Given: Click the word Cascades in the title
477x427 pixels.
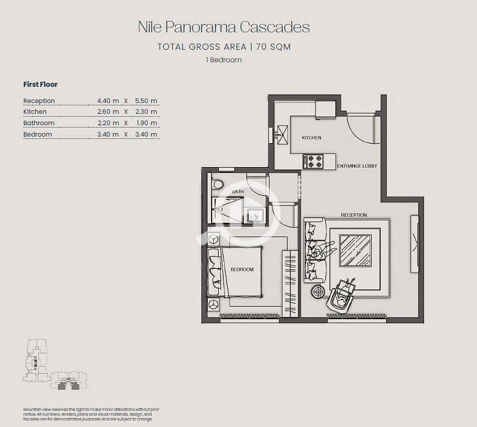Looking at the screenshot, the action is (275, 27).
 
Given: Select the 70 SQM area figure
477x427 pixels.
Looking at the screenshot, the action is (273, 47).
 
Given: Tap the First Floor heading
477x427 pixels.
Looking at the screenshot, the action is (41, 84).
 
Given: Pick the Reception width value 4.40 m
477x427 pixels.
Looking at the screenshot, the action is (108, 101).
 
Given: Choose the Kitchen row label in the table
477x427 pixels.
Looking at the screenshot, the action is (35, 112).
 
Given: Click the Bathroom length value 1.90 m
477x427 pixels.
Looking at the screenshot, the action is (146, 123).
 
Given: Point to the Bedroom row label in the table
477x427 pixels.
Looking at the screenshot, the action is (38, 134).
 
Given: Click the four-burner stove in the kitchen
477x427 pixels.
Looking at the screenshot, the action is (313, 161).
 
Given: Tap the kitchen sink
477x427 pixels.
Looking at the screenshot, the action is (282, 134).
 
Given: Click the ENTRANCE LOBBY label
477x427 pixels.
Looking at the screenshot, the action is (357, 166).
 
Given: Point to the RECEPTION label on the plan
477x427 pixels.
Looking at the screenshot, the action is (354, 215).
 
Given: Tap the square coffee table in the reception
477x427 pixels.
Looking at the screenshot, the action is (355, 250).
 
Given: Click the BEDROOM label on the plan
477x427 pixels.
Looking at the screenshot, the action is (242, 269).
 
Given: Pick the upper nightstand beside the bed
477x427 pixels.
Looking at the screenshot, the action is (213, 239).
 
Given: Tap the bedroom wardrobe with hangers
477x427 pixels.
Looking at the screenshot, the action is (291, 283).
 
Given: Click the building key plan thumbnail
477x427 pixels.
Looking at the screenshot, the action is (55, 364).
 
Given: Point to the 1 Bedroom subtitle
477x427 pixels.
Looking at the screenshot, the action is (224, 60).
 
